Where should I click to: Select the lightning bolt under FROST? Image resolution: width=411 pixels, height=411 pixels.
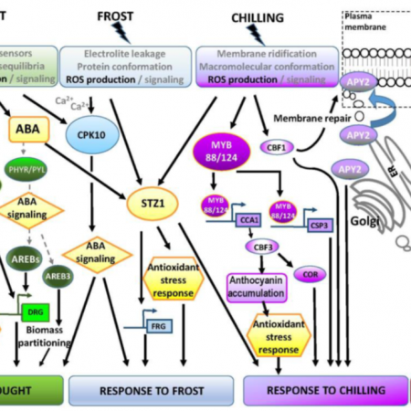point(121,34)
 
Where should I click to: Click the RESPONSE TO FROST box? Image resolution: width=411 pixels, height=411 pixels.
point(137,388)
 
